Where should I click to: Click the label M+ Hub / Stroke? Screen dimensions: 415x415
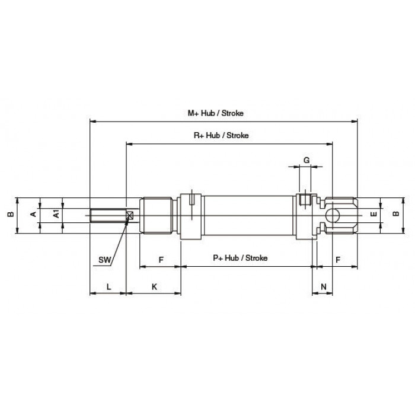pyautogui.click(x=215, y=113)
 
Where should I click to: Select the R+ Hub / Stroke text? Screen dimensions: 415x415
pyautogui.click(x=221, y=136)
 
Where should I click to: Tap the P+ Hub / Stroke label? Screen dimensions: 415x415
pyautogui.click(x=240, y=258)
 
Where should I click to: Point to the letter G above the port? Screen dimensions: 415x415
pyautogui.click(x=307, y=160)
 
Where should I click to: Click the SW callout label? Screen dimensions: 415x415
pyautogui.click(x=104, y=260)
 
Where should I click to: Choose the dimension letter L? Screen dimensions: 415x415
pyautogui.click(x=108, y=286)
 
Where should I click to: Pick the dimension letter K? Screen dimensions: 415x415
pyautogui.click(x=154, y=286)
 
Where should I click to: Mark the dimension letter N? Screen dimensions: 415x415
pyautogui.click(x=324, y=286)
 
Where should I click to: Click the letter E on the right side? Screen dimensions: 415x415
pyautogui.click(x=373, y=214)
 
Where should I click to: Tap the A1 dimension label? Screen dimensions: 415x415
pyautogui.click(x=56, y=214)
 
